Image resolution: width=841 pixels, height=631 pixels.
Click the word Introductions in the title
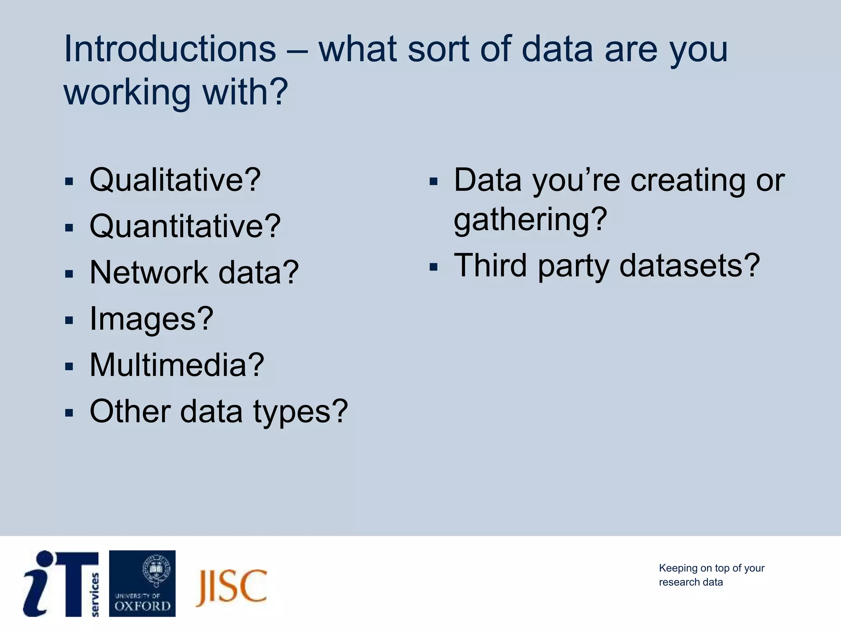click(170, 49)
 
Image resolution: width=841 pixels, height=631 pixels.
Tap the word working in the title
click(127, 93)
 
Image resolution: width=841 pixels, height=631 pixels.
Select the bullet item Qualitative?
click(175, 180)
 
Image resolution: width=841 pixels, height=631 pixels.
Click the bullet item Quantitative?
click(185, 226)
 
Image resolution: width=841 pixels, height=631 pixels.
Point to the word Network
click(149, 272)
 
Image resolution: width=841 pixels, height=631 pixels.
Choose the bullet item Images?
click(151, 319)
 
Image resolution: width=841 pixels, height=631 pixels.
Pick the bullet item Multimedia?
click(177, 365)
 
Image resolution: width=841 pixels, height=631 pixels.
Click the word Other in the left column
click(130, 411)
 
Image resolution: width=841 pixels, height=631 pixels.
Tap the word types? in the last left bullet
click(300, 412)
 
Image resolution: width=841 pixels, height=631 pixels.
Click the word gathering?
click(530, 220)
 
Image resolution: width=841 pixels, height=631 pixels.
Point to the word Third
click(490, 266)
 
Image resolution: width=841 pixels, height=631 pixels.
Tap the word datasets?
click(689, 266)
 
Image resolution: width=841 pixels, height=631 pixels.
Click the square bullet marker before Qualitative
click(69, 182)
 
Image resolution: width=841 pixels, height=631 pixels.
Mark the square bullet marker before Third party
click(433, 267)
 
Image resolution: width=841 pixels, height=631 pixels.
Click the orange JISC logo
click(231, 587)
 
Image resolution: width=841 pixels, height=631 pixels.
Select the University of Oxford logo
click(142, 583)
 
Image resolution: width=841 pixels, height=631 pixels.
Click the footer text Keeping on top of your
click(711, 568)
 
